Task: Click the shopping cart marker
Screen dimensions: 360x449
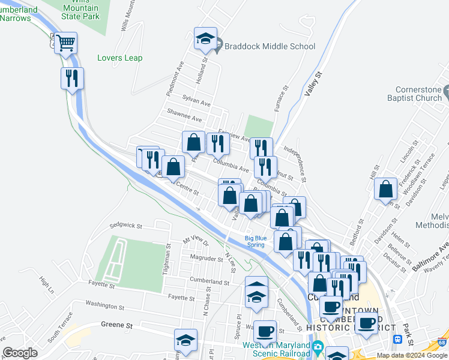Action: click(65, 43)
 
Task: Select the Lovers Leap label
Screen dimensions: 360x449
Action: click(119, 58)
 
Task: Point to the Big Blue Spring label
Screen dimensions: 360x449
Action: click(255, 241)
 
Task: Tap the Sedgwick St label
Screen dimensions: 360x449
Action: click(125, 226)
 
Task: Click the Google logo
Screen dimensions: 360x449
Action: click(20, 353)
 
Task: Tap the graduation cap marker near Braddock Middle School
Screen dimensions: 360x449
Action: click(205, 40)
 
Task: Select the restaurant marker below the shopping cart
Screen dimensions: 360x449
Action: click(71, 78)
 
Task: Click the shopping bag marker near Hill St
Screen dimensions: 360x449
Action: click(385, 189)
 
